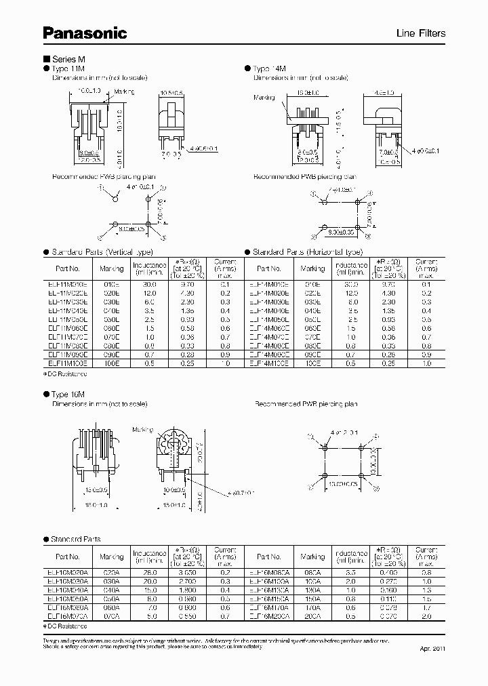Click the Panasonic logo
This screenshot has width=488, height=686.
tap(85, 33)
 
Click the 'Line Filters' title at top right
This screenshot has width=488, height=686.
tap(420, 34)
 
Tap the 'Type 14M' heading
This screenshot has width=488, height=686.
tap(271, 69)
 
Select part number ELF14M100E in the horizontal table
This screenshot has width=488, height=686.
tap(269, 363)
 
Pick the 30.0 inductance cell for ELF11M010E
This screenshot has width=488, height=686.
tap(150, 284)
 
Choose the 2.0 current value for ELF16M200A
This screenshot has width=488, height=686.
tap(427, 616)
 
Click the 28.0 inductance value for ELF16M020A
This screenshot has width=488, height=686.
tap(150, 573)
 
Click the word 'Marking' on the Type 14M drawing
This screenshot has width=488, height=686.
tap(264, 98)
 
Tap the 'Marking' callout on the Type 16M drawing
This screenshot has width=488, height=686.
tap(142, 430)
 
